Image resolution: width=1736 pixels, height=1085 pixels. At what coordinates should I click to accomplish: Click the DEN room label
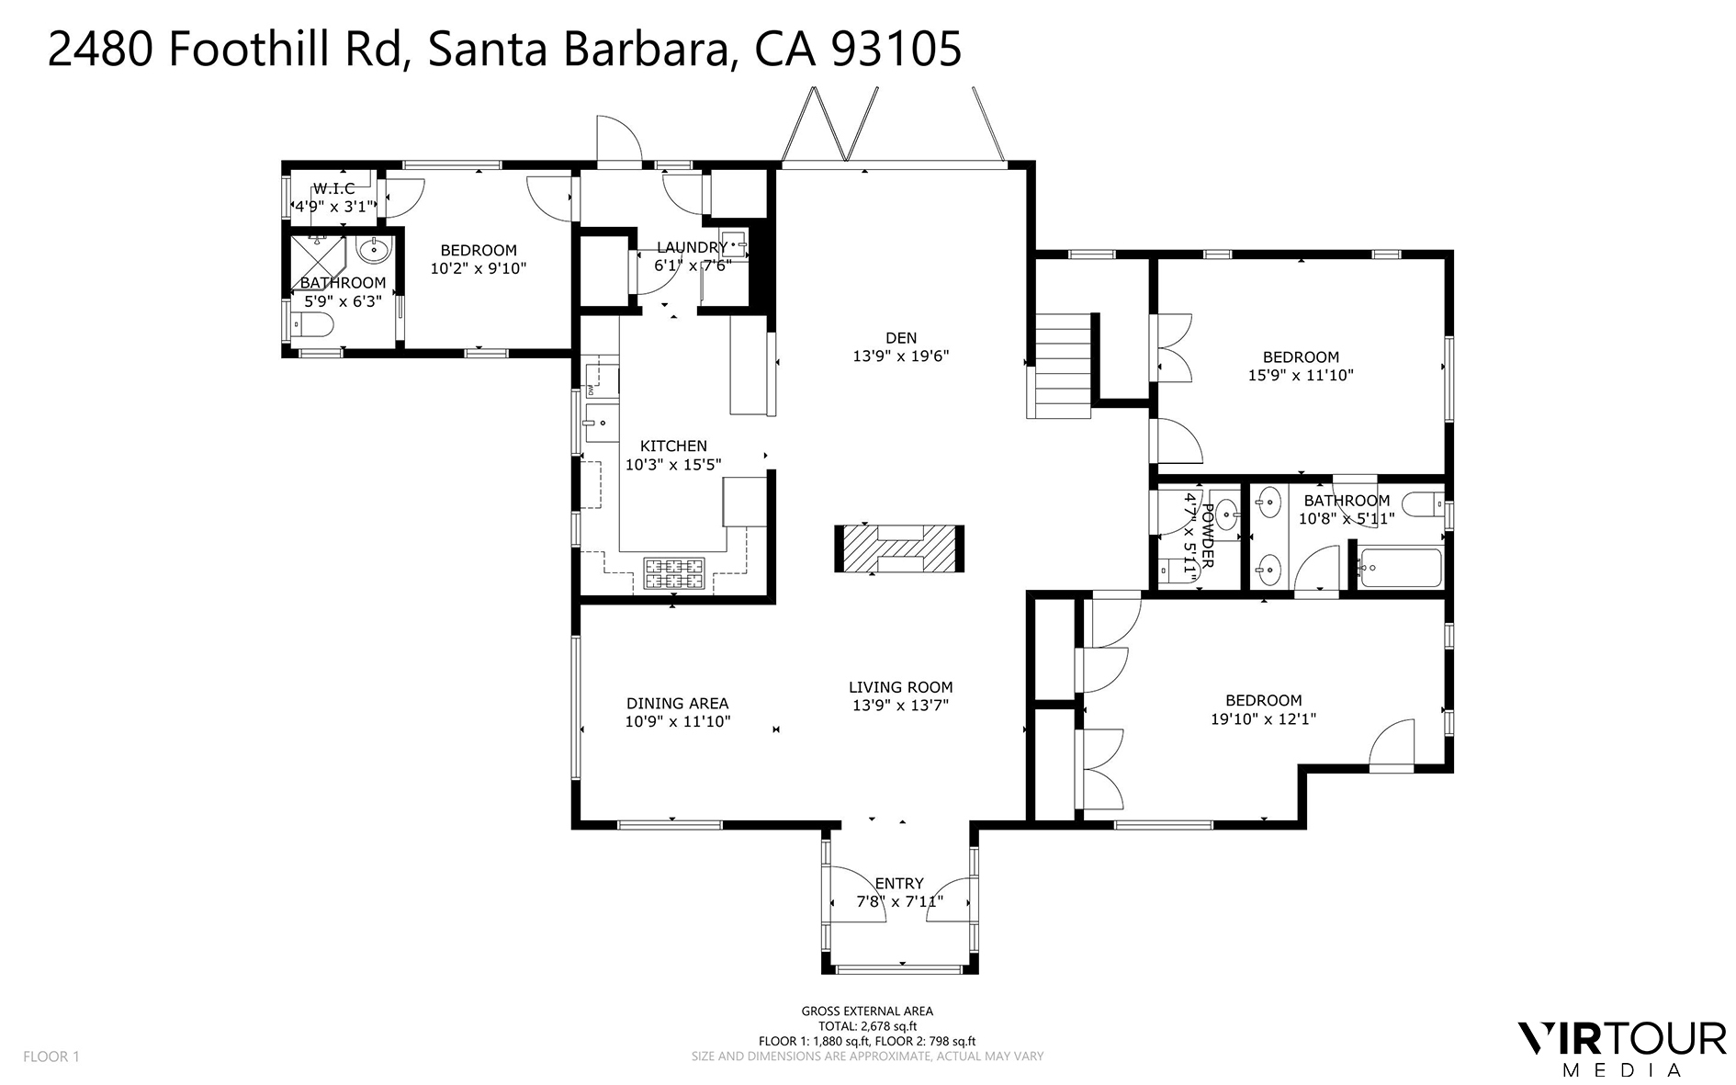point(900,338)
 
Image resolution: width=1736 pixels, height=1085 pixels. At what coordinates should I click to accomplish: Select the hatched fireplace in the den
point(899,549)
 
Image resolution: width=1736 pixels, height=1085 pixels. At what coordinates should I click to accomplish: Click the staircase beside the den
point(1063,365)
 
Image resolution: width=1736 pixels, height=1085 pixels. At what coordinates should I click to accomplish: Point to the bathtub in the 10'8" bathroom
point(1398,568)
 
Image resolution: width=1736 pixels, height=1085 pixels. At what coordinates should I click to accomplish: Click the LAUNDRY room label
point(692,247)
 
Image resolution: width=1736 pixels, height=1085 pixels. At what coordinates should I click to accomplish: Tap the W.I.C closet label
point(333,188)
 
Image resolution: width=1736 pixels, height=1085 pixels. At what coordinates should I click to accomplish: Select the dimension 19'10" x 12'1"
point(1263,719)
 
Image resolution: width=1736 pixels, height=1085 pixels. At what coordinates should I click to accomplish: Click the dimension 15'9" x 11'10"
point(1300,375)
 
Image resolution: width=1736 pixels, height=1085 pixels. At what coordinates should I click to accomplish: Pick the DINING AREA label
point(677,704)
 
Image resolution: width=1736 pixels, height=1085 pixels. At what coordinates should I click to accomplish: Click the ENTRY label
point(898,883)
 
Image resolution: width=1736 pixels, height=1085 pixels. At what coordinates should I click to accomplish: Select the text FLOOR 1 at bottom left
point(51,1057)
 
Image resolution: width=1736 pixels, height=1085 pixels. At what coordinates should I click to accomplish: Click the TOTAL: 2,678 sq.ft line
point(867,1026)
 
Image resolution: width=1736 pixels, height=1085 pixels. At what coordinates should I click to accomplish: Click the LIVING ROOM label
point(900,687)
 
